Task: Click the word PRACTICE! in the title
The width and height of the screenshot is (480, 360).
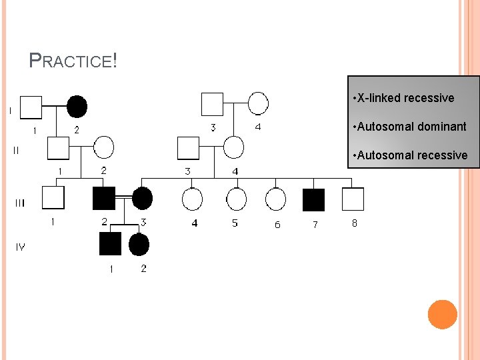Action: pos(73,61)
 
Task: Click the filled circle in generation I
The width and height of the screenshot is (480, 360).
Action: pos(77,106)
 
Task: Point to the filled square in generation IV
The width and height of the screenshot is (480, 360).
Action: pos(110,244)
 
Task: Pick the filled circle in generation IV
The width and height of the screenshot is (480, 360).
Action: pos(139,244)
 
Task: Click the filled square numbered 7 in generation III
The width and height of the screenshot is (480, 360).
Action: pos(313,199)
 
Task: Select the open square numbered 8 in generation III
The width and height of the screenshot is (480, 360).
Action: pos(353,199)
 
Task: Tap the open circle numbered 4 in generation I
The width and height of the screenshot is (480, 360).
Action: pos(258,103)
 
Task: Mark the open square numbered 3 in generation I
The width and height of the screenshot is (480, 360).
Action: pos(212,103)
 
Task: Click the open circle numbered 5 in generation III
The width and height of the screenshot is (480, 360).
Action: pos(235,199)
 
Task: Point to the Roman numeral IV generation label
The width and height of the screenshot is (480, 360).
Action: pos(21,247)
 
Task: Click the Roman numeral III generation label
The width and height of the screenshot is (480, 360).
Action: pos(20,203)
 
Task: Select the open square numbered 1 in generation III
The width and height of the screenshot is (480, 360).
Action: pos(53,197)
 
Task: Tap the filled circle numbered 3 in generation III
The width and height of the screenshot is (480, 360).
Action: pos(142,198)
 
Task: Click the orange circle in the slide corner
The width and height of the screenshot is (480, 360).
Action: pos(442,314)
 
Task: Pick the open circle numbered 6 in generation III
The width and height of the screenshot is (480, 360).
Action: pos(275,199)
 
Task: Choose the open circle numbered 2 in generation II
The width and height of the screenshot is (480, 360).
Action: pos(103,147)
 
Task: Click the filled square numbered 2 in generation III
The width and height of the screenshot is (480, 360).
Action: pos(103,198)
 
